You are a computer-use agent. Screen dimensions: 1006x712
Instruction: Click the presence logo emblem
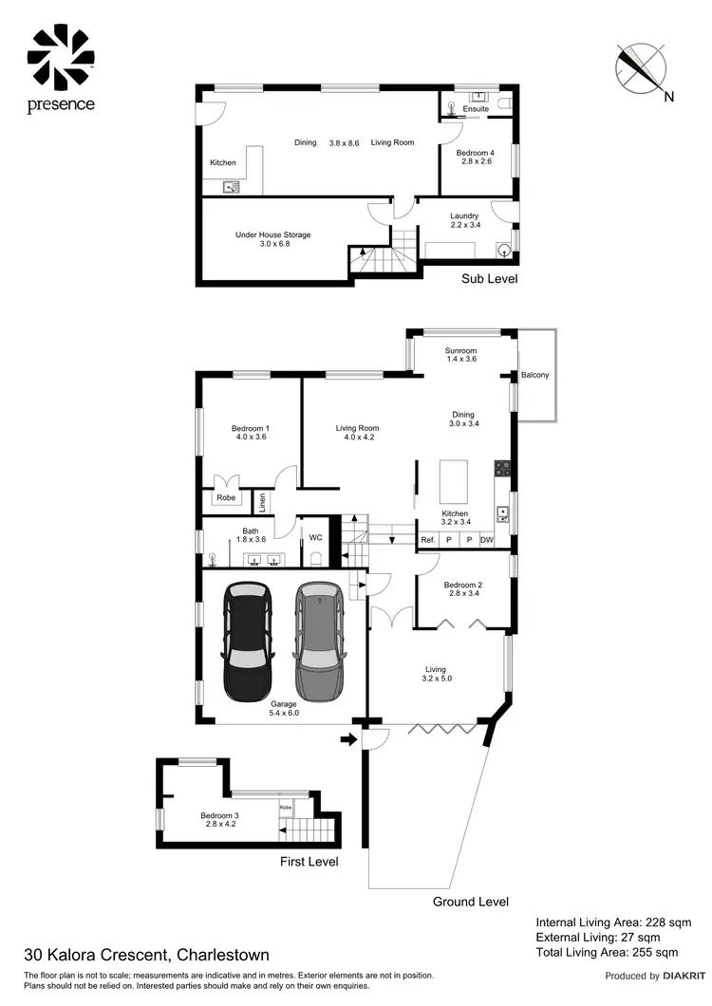[61, 56]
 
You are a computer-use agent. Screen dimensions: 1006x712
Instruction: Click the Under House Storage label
[272, 234]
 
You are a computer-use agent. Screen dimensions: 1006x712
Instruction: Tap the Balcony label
[535, 376]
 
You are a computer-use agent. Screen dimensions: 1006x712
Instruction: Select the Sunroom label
[460, 351]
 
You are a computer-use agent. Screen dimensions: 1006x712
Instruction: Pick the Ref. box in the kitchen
[428, 540]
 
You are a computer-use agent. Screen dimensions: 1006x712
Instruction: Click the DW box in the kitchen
[487, 540]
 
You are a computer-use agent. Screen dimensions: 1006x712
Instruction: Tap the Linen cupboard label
[261, 499]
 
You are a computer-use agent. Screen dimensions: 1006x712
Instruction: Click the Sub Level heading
[489, 279]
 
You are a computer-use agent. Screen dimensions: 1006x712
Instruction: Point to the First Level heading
[309, 862]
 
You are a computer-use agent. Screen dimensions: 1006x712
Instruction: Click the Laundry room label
[463, 215]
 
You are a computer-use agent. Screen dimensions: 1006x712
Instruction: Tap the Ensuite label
[476, 109]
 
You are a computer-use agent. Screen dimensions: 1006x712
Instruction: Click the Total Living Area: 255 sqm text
[607, 952]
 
